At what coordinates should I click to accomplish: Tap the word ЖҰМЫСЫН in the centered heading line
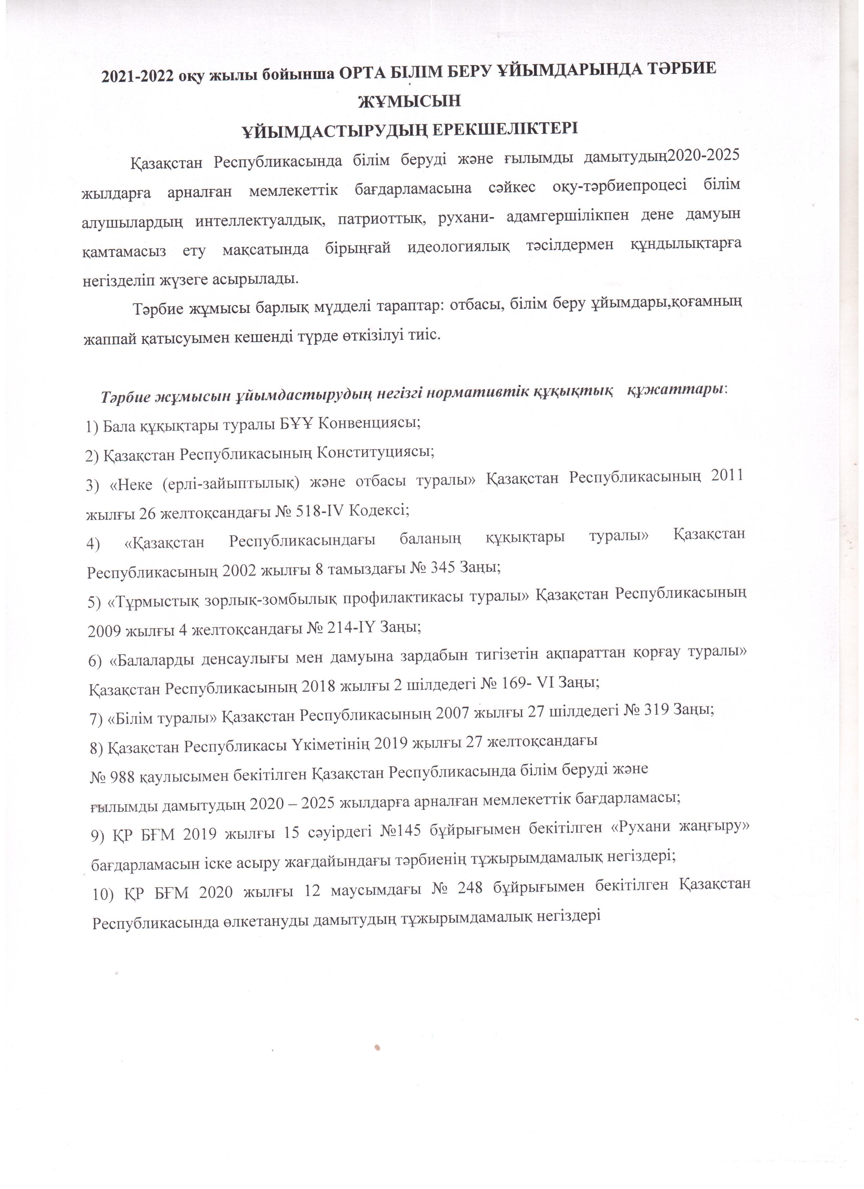[x=409, y=101]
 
